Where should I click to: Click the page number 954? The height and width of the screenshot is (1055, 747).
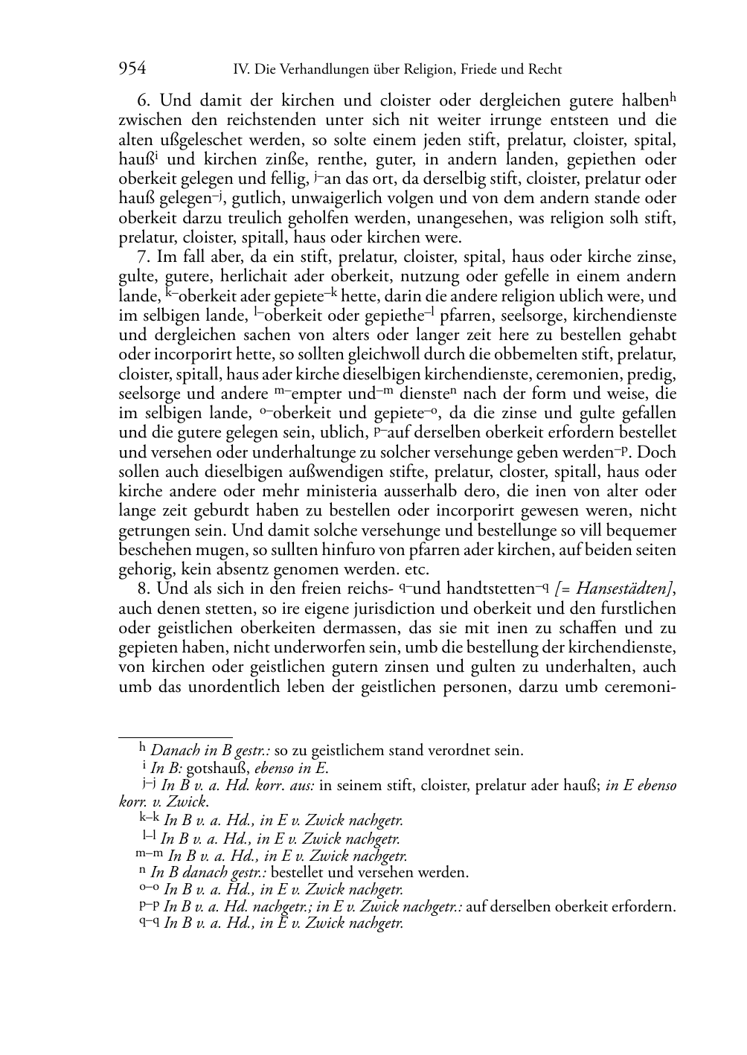[132, 69]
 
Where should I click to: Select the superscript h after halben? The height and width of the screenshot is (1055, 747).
[673, 97]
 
